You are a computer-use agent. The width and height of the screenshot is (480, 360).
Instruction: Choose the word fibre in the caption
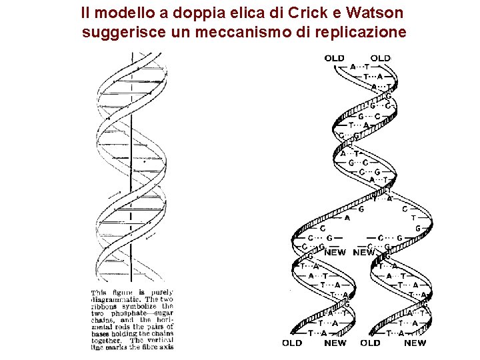click(x=145, y=347)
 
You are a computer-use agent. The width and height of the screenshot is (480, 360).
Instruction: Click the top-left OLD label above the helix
click(x=335, y=59)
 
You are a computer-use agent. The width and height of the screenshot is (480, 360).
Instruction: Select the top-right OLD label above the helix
click(x=380, y=59)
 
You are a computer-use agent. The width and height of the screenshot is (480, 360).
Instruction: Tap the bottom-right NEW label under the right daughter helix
click(x=415, y=343)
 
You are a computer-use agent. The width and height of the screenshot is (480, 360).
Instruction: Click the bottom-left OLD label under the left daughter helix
click(x=292, y=343)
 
